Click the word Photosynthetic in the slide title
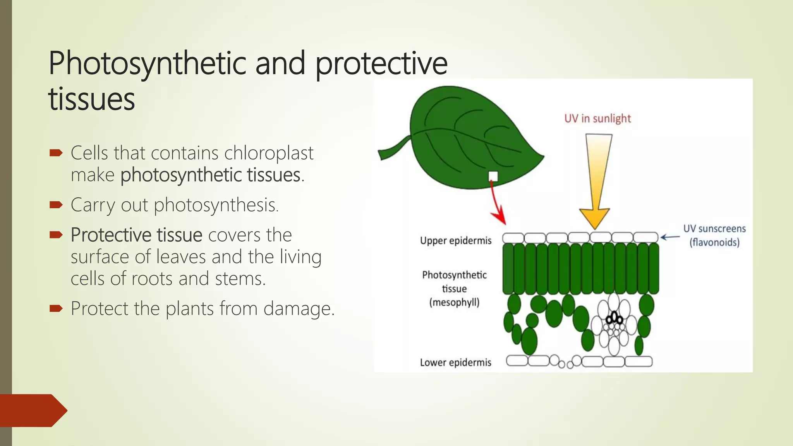tap(147, 64)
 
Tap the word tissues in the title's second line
tap(92, 99)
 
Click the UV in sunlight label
tap(597, 118)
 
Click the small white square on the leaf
tap(493, 177)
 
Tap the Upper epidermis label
tap(455, 241)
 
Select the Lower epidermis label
tap(455, 363)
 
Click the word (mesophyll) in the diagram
tap(454, 302)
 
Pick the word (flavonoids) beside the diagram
tap(714, 243)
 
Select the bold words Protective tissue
tap(136, 235)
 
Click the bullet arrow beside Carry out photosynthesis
tap(56, 204)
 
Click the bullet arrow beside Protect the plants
tap(56, 309)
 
